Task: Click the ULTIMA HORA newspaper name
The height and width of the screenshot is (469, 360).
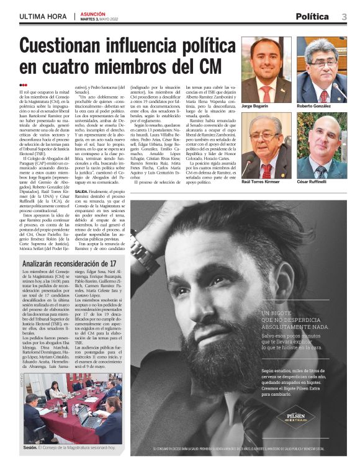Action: [x=43, y=17]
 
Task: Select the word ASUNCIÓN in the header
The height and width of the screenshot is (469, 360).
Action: [x=95, y=14]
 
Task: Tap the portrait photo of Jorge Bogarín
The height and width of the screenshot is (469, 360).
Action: [x=266, y=69]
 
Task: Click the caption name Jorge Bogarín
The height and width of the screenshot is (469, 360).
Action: [x=254, y=107]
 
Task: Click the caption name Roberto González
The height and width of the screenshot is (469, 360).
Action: [x=313, y=107]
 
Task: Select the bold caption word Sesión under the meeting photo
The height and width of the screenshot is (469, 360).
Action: [x=30, y=447]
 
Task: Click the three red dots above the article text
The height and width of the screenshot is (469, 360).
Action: [x=24, y=86]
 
